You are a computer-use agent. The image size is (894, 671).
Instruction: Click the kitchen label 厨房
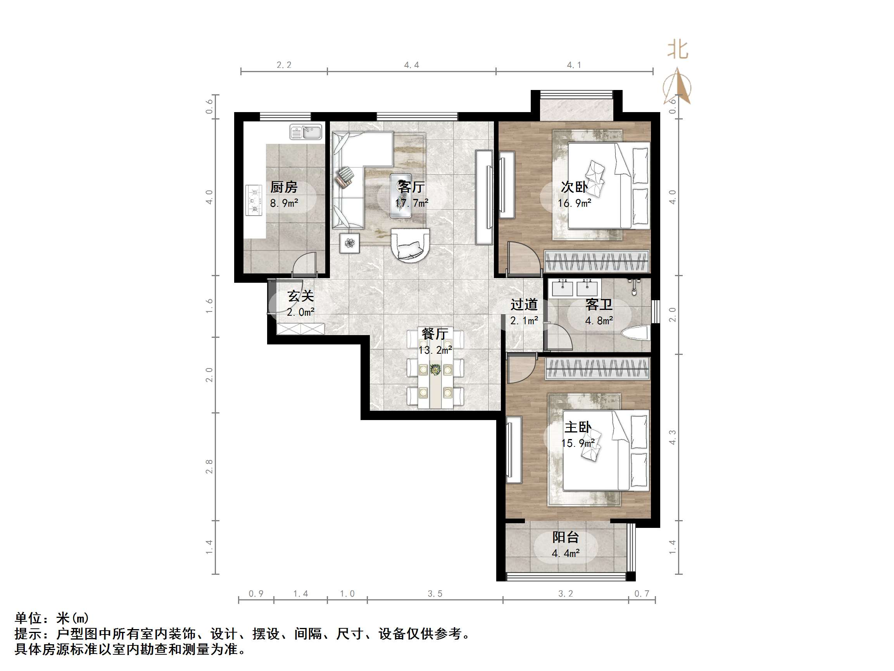(284, 187)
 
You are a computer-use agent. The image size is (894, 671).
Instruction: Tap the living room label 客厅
(411, 187)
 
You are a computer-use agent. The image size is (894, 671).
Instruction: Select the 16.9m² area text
(574, 203)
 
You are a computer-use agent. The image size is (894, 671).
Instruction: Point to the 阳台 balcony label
(565, 537)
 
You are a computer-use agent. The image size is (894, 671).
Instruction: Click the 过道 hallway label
(524, 304)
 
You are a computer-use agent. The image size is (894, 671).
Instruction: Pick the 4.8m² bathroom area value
(599, 321)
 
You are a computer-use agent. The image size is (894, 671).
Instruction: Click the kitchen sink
(306, 132)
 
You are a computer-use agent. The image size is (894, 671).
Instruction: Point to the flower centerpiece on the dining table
(435, 369)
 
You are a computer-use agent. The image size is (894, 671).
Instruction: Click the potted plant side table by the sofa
(350, 243)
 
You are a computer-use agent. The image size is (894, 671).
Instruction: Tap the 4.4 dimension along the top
(411, 65)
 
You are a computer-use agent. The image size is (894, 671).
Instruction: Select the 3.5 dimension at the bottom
(435, 594)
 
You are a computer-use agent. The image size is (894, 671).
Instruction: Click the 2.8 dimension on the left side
(209, 466)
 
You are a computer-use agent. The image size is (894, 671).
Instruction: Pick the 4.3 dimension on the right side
(672, 437)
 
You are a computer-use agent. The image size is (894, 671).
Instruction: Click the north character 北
(678, 50)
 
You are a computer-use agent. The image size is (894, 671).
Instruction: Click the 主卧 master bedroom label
(578, 427)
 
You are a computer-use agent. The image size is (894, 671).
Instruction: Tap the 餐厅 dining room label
(435, 334)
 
